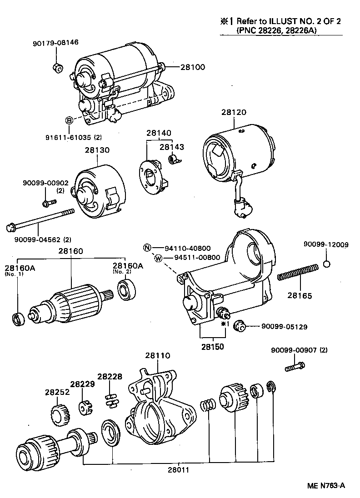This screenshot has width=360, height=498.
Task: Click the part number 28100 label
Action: (193, 67)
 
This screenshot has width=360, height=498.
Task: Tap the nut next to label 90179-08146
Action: (57, 69)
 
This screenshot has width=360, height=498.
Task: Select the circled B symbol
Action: (69, 120)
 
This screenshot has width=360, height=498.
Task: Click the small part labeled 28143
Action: (174, 159)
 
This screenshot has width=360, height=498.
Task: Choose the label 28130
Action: (97, 150)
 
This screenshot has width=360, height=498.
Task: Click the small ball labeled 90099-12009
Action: (326, 264)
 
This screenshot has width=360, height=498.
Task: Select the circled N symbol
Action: (147, 248)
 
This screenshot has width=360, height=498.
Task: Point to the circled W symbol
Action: (158, 258)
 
